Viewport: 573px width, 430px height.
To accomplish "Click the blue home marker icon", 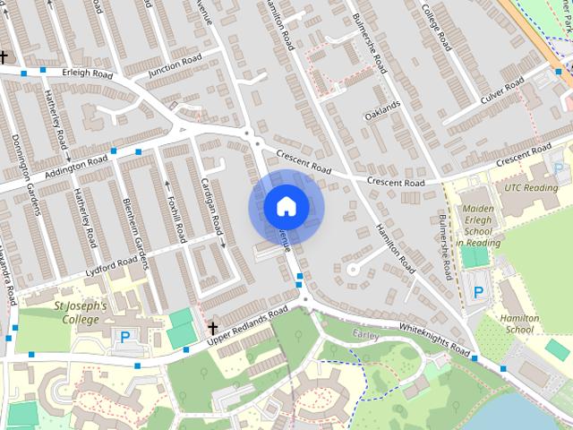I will pyautogui.click(x=285, y=207).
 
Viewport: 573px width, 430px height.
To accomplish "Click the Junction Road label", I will pyautogui.click(x=175, y=65).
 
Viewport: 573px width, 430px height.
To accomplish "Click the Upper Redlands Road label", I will pyautogui.click(x=246, y=323).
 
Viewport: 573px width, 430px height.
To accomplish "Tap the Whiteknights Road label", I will pyautogui.click(x=433, y=340).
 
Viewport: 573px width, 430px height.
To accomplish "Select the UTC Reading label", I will pyautogui.click(x=531, y=188).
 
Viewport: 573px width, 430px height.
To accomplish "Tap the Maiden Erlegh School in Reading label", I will pyautogui.click(x=477, y=225).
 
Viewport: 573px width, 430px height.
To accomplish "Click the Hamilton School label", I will pyautogui.click(x=519, y=323).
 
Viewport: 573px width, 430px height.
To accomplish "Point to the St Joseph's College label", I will pyautogui.click(x=80, y=313).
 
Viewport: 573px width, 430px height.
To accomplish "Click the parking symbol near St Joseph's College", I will pyautogui.click(x=125, y=337).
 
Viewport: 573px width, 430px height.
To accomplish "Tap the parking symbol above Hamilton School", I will pyautogui.click(x=479, y=291).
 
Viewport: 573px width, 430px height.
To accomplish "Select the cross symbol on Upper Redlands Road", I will pyautogui.click(x=212, y=328).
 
